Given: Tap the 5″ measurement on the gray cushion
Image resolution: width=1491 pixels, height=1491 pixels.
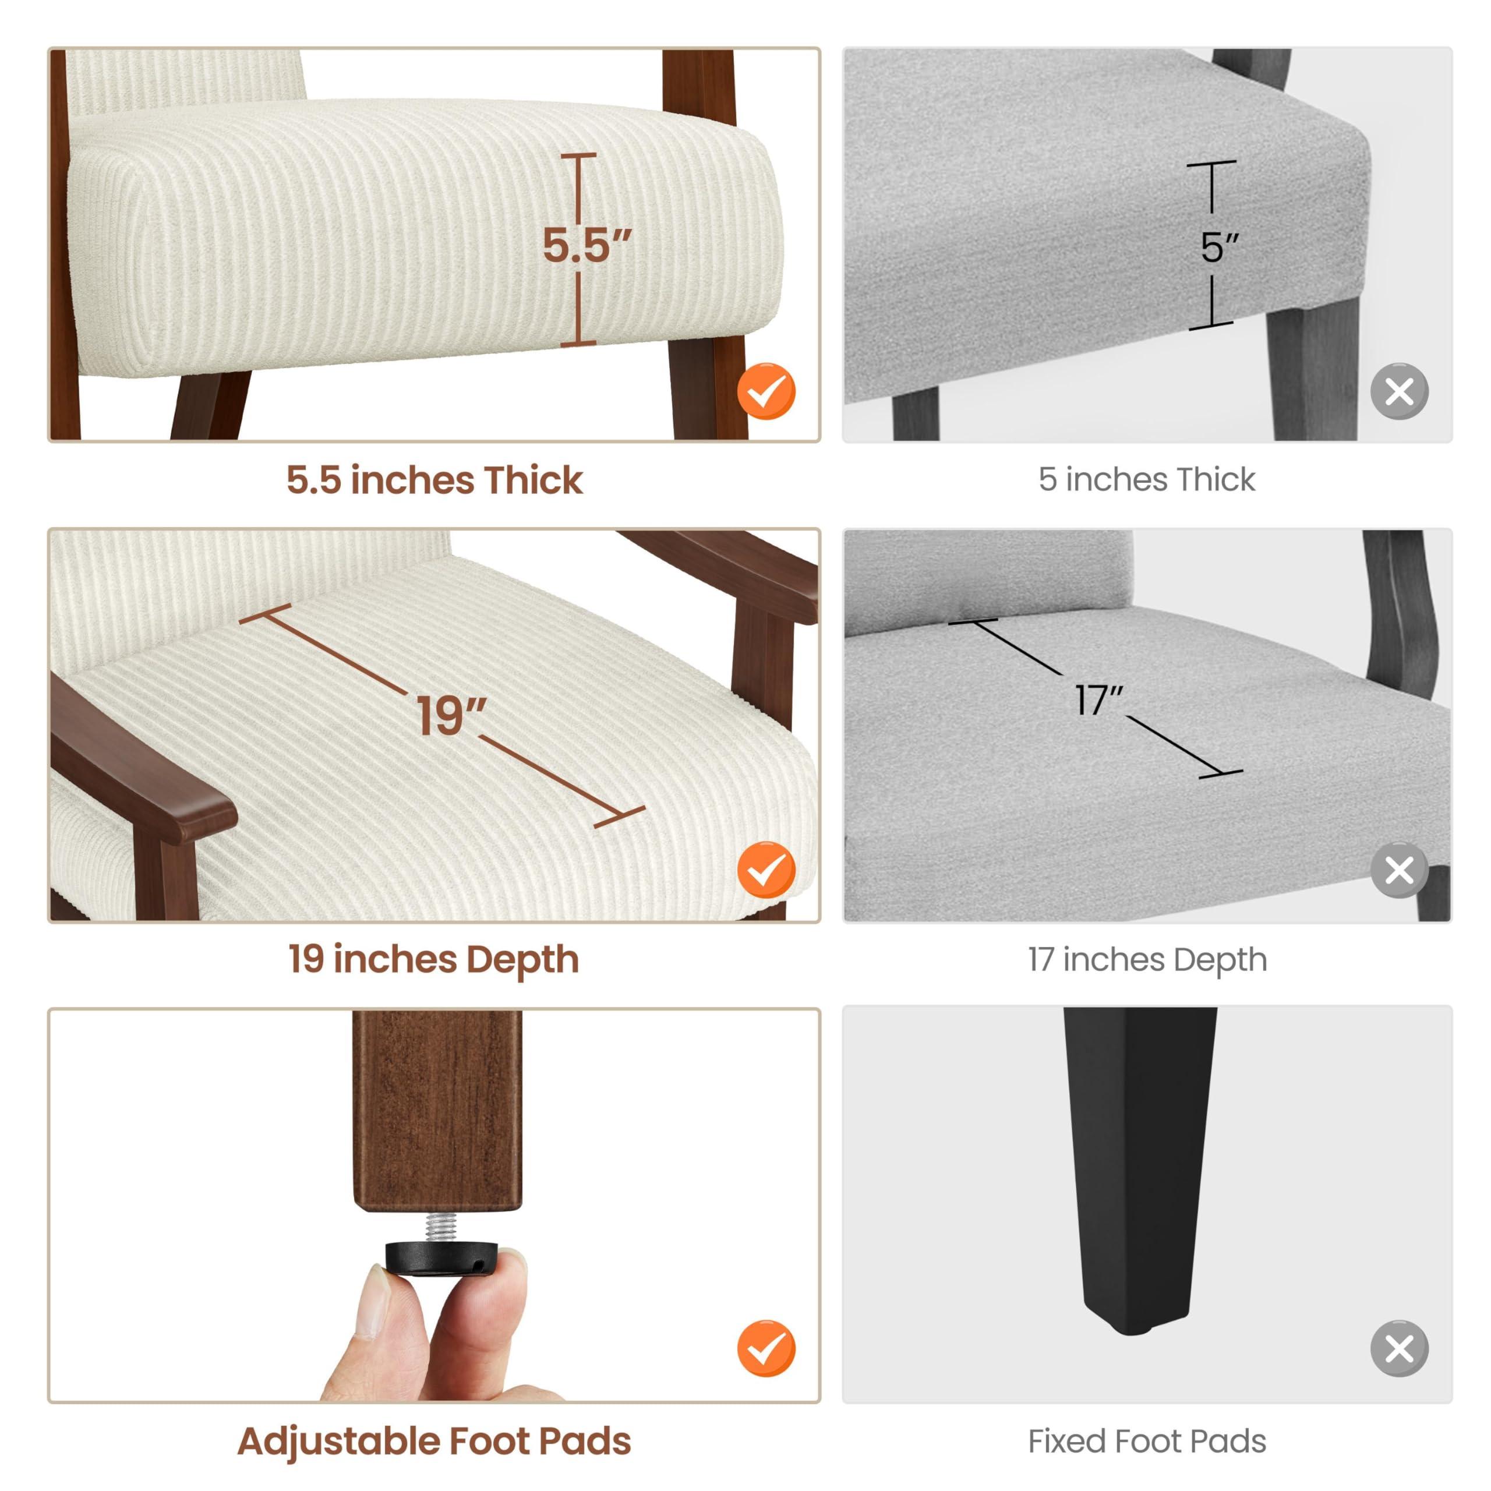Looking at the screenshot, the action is click(x=1220, y=247).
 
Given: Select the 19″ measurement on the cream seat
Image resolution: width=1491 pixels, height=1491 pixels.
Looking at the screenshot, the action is click(x=451, y=715).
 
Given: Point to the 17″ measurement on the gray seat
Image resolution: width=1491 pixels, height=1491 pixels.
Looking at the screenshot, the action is click(x=1099, y=701).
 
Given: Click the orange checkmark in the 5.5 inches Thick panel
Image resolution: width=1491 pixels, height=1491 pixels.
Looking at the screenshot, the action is click(x=765, y=391).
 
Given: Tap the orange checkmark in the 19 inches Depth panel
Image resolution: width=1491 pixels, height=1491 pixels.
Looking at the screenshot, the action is click(x=765, y=870).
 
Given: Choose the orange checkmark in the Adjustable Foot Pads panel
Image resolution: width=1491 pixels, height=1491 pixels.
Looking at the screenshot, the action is click(x=765, y=1348).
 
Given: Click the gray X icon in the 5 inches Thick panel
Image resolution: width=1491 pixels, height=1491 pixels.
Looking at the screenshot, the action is click(x=1399, y=391).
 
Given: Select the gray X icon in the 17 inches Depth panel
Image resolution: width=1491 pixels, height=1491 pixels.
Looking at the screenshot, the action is click(x=1399, y=870).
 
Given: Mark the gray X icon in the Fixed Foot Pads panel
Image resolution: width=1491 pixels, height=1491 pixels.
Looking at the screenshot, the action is click(x=1399, y=1348).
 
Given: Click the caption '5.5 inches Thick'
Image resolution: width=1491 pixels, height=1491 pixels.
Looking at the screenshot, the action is click(x=434, y=480).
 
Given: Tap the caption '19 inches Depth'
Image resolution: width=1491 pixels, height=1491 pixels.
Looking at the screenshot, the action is click(x=434, y=959).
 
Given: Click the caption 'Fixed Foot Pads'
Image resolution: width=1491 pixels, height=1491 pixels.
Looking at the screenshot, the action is click(x=1147, y=1441).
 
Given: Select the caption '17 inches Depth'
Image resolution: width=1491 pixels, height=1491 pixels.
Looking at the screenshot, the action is click(x=1147, y=960).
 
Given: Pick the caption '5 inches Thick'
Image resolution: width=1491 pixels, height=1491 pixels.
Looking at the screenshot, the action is click(x=1147, y=480).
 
